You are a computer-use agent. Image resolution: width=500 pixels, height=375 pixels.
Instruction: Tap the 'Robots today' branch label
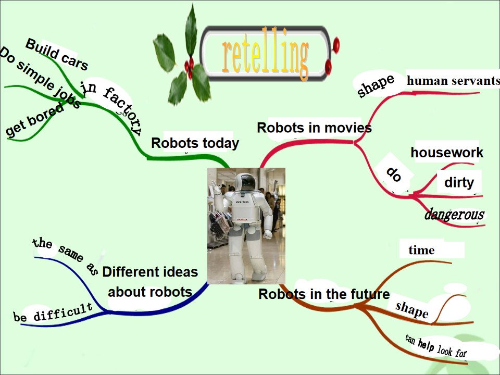195,143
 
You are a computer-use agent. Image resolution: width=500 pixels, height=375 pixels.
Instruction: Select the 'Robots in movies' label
314,128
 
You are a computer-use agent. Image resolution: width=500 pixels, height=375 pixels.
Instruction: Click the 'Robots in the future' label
324,294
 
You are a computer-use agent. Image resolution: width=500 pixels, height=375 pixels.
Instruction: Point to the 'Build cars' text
57,55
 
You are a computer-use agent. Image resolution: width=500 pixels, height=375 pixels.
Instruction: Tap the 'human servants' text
453,81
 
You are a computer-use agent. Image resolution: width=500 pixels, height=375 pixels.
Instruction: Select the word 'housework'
447,153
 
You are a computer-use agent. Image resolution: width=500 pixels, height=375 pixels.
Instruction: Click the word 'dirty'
459,182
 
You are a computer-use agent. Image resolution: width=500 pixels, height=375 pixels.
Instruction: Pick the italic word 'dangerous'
454,214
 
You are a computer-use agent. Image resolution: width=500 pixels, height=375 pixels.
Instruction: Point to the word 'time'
421,250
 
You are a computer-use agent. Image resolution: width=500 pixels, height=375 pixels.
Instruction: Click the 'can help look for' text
436,346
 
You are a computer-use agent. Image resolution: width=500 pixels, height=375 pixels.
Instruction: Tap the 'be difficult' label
53,312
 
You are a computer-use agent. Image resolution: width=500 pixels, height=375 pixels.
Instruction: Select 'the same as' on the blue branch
65,256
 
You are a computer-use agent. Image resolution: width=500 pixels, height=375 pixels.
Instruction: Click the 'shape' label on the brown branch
411,309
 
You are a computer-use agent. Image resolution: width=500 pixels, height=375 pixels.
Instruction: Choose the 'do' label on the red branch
394,174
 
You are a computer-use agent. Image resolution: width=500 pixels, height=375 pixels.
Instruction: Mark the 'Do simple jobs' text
40,78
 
